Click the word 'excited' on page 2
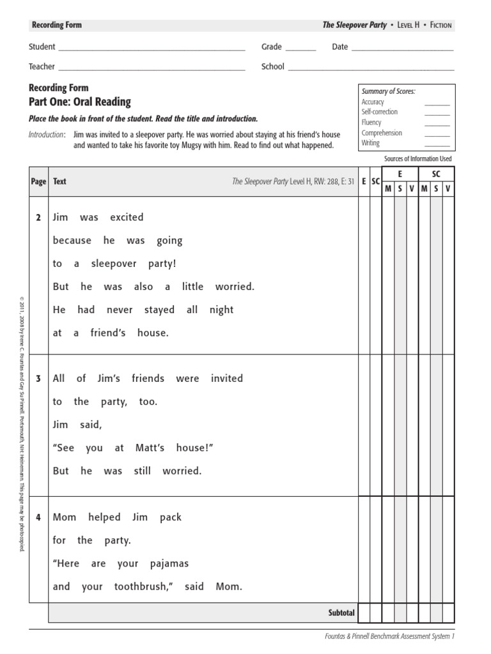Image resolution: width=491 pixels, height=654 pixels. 127,217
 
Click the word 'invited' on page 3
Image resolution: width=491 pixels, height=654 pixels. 227,378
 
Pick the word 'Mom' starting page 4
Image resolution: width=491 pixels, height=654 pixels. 63,517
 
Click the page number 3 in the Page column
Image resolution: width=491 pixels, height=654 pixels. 38,379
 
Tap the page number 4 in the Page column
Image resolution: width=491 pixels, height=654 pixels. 38,518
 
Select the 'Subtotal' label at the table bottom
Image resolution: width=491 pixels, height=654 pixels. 341,613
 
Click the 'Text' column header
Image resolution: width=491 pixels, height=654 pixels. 59,181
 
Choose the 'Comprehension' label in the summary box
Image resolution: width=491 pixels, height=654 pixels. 382,133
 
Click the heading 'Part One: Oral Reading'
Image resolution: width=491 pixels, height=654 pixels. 80,102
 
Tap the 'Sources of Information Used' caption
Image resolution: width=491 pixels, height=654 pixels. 417,158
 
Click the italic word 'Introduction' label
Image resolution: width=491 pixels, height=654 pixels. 47,135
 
